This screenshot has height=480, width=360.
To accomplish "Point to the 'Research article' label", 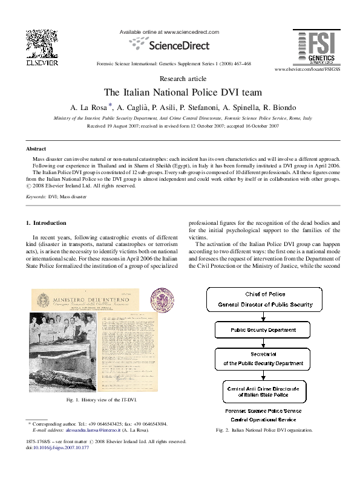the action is (x=180, y=79).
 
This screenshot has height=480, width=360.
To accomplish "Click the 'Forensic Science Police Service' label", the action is (x=263, y=410).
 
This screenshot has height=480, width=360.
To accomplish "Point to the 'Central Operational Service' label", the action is (x=263, y=419).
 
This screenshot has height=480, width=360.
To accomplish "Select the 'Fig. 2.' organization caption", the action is (x=264, y=430).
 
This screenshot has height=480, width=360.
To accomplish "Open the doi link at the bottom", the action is (x=54, y=448).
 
